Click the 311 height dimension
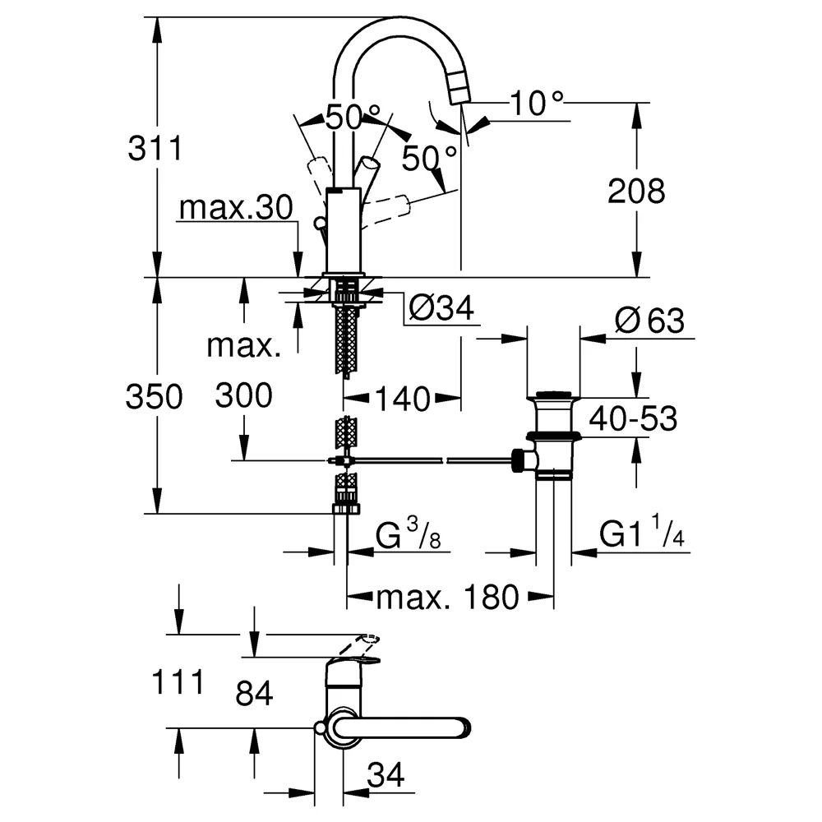click(x=155, y=148)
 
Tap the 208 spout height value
click(x=636, y=191)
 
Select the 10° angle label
click(x=537, y=103)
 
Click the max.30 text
click(x=236, y=208)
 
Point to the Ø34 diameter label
click(x=441, y=307)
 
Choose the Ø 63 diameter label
click(x=650, y=321)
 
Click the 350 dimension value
click(x=155, y=396)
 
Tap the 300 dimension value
click(x=244, y=395)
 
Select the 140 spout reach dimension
click(x=403, y=399)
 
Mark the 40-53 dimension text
click(x=633, y=418)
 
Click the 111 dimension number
click(x=178, y=682)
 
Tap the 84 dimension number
click(x=254, y=693)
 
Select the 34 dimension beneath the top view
click(x=386, y=775)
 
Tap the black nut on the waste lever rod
click(x=518, y=461)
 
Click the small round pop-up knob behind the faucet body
click(x=319, y=224)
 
